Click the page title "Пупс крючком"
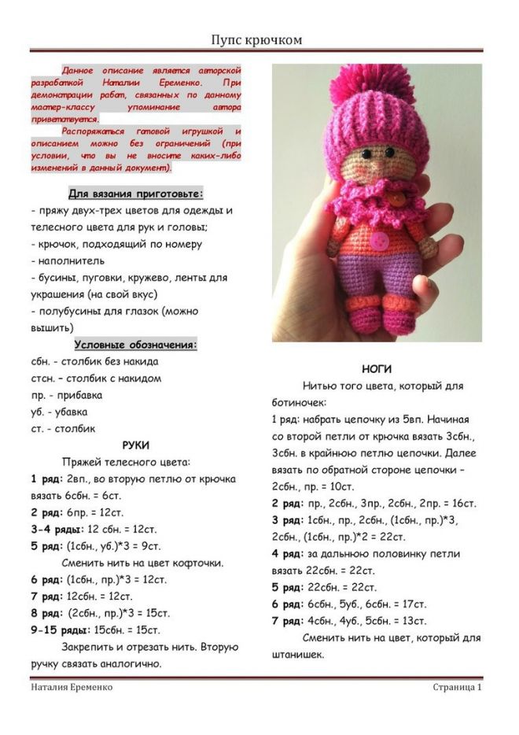pyautogui.click(x=257, y=39)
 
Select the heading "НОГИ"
pyautogui.click(x=377, y=369)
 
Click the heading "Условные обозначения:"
pyautogui.click(x=136, y=345)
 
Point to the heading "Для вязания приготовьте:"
pyautogui.click(x=136, y=193)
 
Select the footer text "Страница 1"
pyautogui.click(x=457, y=687)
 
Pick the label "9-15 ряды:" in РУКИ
pyautogui.click(x=59, y=630)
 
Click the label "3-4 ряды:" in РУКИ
pyautogui.click(x=57, y=529)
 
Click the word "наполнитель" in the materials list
pyautogui.click(x=68, y=260)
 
